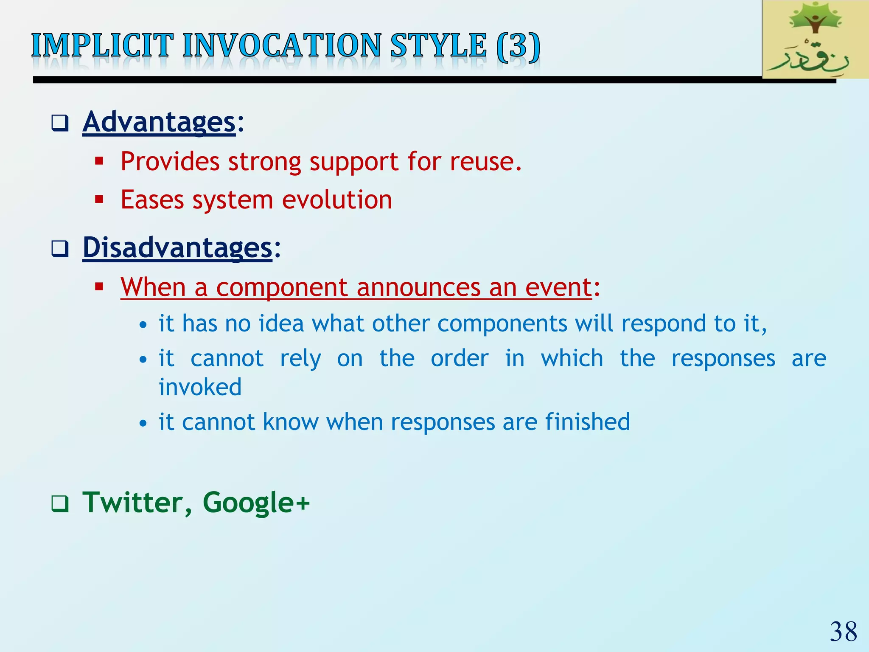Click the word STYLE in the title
[x=438, y=45]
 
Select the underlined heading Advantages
[x=159, y=122]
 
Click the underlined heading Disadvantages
[x=177, y=247]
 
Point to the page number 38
[x=843, y=632]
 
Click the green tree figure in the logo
[x=814, y=19]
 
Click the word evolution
[x=337, y=200]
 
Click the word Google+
[x=256, y=503]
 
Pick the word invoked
[x=200, y=387]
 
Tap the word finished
[x=587, y=422]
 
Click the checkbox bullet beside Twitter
[x=60, y=504]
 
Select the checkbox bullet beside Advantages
[x=60, y=124]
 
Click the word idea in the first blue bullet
[x=281, y=323]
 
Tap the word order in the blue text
[x=460, y=359]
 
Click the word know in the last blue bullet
[x=290, y=422]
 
